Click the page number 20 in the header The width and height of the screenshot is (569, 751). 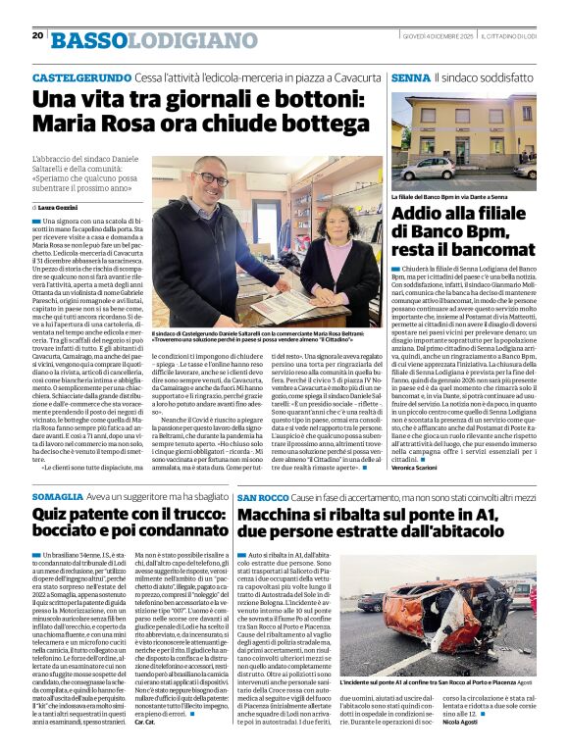point(37,35)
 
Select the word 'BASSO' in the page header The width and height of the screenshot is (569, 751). point(89,40)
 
